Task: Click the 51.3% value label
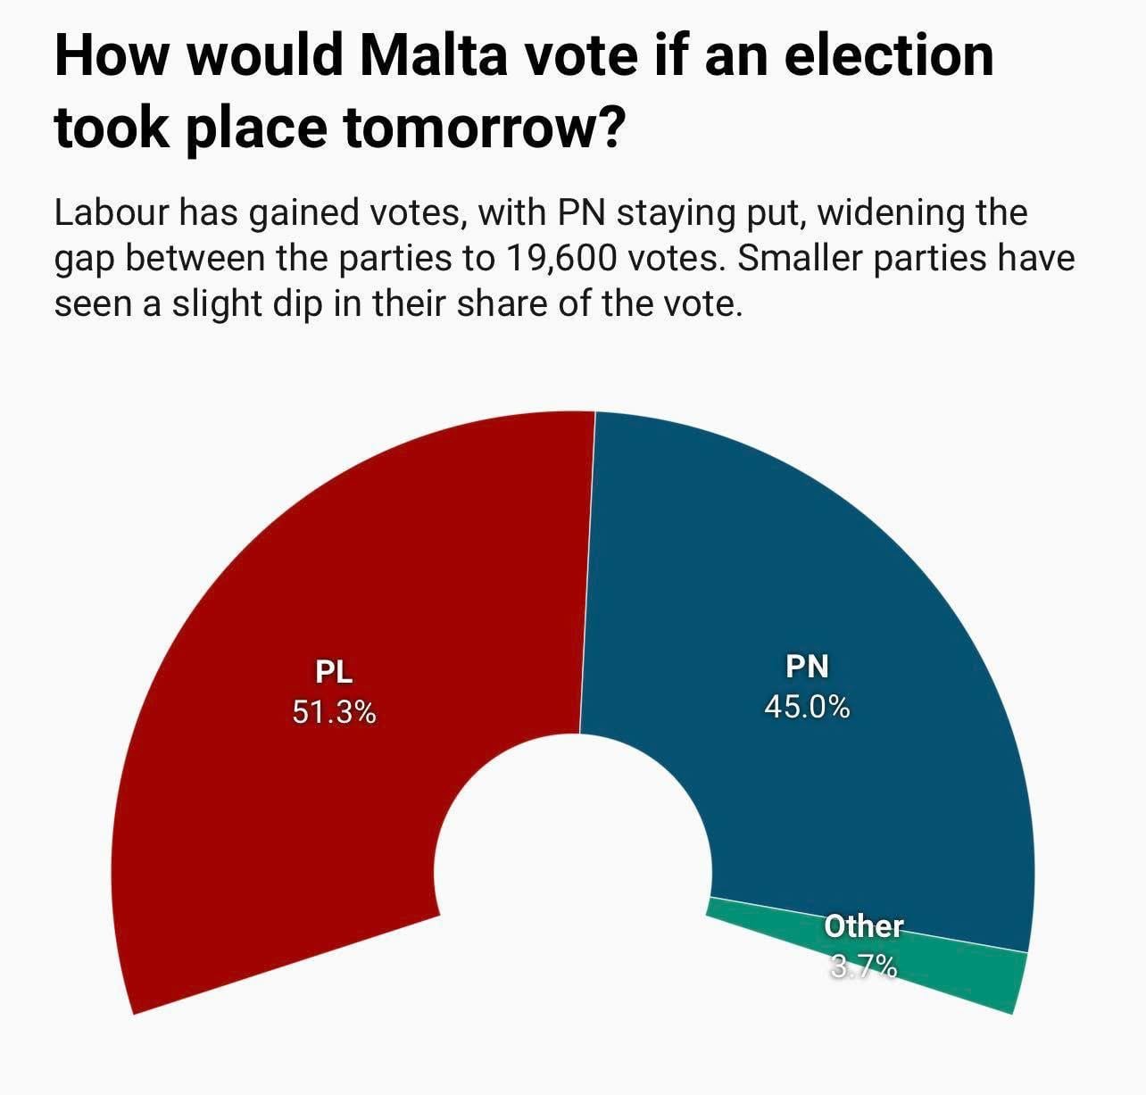(x=335, y=712)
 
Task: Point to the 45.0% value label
(x=807, y=707)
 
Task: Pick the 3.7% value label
(x=863, y=966)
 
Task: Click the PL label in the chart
(x=335, y=670)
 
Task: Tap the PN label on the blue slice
(x=807, y=666)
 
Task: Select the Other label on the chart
(x=863, y=926)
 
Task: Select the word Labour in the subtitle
(x=112, y=214)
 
